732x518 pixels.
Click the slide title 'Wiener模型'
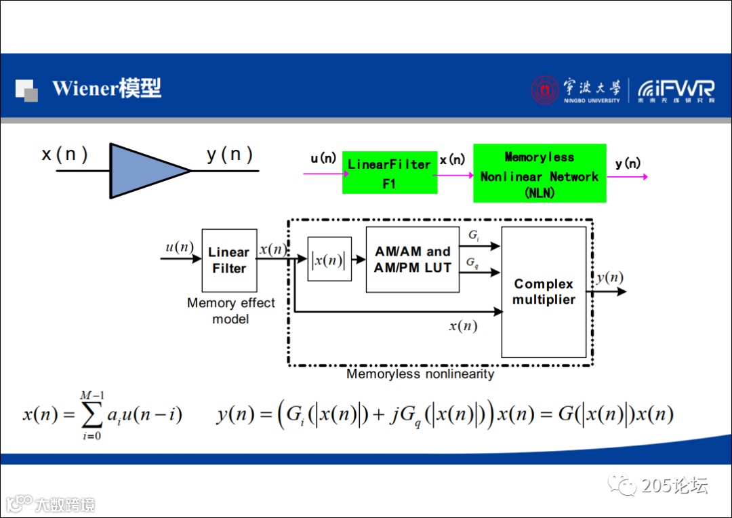point(106,88)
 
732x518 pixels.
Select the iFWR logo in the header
point(676,89)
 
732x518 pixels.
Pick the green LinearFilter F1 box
point(389,173)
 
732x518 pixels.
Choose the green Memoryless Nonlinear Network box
point(540,173)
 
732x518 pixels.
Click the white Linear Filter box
point(229,260)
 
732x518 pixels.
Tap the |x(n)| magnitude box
point(329,259)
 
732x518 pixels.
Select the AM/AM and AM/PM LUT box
point(412,260)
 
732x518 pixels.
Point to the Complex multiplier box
point(544,292)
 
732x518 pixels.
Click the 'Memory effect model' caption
point(230,311)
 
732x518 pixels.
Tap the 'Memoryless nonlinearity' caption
point(420,374)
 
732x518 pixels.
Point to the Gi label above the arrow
point(473,235)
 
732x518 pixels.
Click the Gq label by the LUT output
point(473,262)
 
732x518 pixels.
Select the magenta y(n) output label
point(628,163)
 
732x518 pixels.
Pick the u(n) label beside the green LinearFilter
point(323,159)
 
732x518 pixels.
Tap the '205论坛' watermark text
point(674,485)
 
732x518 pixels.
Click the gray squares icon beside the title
point(26,90)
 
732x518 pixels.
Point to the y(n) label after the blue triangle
point(230,155)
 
